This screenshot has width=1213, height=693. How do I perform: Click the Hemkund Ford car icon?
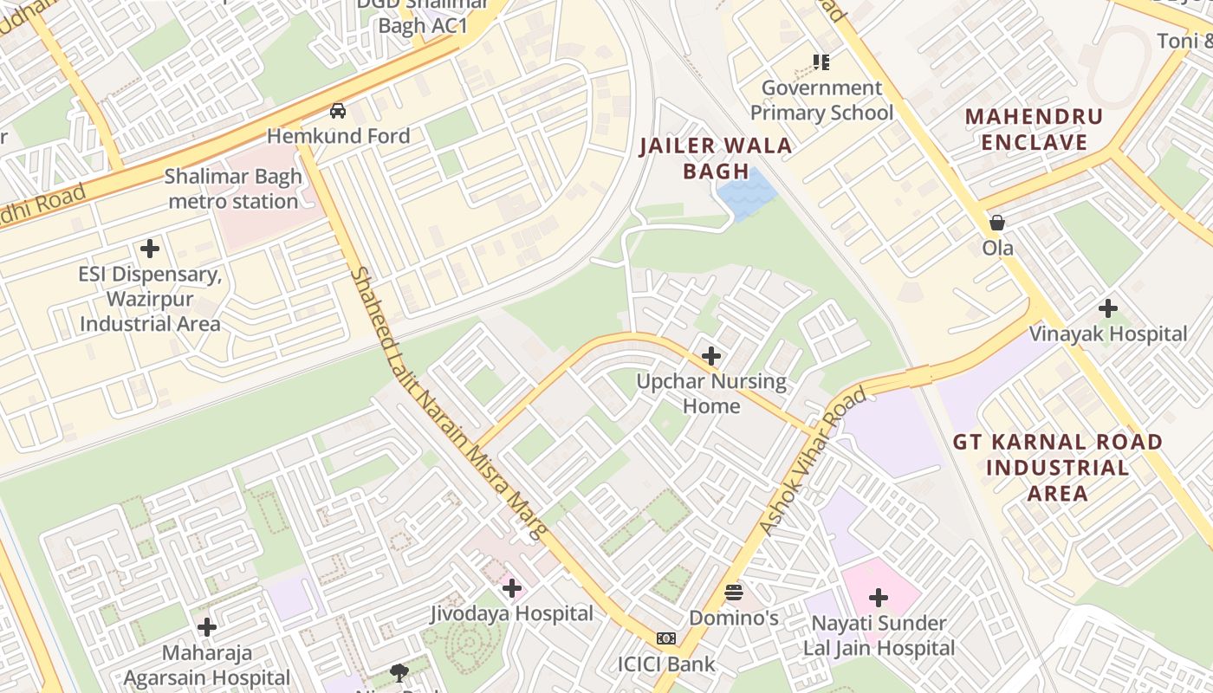(338, 111)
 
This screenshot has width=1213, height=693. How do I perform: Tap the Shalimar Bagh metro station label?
(233, 189)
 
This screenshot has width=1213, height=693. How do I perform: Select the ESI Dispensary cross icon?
(150, 249)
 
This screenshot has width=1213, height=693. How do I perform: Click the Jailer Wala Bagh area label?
(716, 158)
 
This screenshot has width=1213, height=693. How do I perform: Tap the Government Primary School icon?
(821, 62)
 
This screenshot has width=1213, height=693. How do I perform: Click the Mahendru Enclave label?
(1034, 129)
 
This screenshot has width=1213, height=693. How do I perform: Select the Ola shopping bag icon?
(997, 223)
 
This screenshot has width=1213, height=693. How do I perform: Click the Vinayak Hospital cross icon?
(1107, 308)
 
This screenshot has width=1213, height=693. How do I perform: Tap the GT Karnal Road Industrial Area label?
(1057, 468)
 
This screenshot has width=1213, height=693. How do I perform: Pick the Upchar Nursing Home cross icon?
(711, 356)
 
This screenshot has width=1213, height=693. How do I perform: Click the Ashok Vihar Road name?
(812, 463)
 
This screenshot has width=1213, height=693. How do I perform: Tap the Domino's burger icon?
(734, 593)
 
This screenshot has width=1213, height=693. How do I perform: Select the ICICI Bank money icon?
(666, 638)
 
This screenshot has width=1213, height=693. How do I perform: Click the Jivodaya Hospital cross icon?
(512, 589)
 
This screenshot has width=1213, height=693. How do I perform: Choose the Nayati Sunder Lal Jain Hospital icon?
(879, 598)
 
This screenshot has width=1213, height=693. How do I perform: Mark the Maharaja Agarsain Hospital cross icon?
(207, 627)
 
